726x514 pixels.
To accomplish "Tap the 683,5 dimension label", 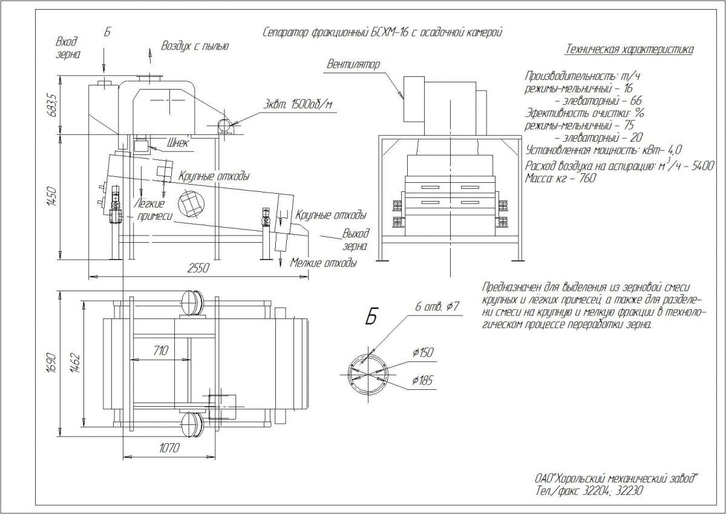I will point(53,105).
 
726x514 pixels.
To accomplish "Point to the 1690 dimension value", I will point(53,361).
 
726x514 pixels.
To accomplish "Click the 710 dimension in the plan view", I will point(160,350).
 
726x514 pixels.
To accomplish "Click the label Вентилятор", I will point(353,64).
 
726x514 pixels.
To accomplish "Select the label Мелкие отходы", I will point(323,263).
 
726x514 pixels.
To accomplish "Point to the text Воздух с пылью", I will point(195,45).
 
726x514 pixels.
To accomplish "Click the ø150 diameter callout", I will point(422,352).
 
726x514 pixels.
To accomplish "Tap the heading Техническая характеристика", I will point(629,50).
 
